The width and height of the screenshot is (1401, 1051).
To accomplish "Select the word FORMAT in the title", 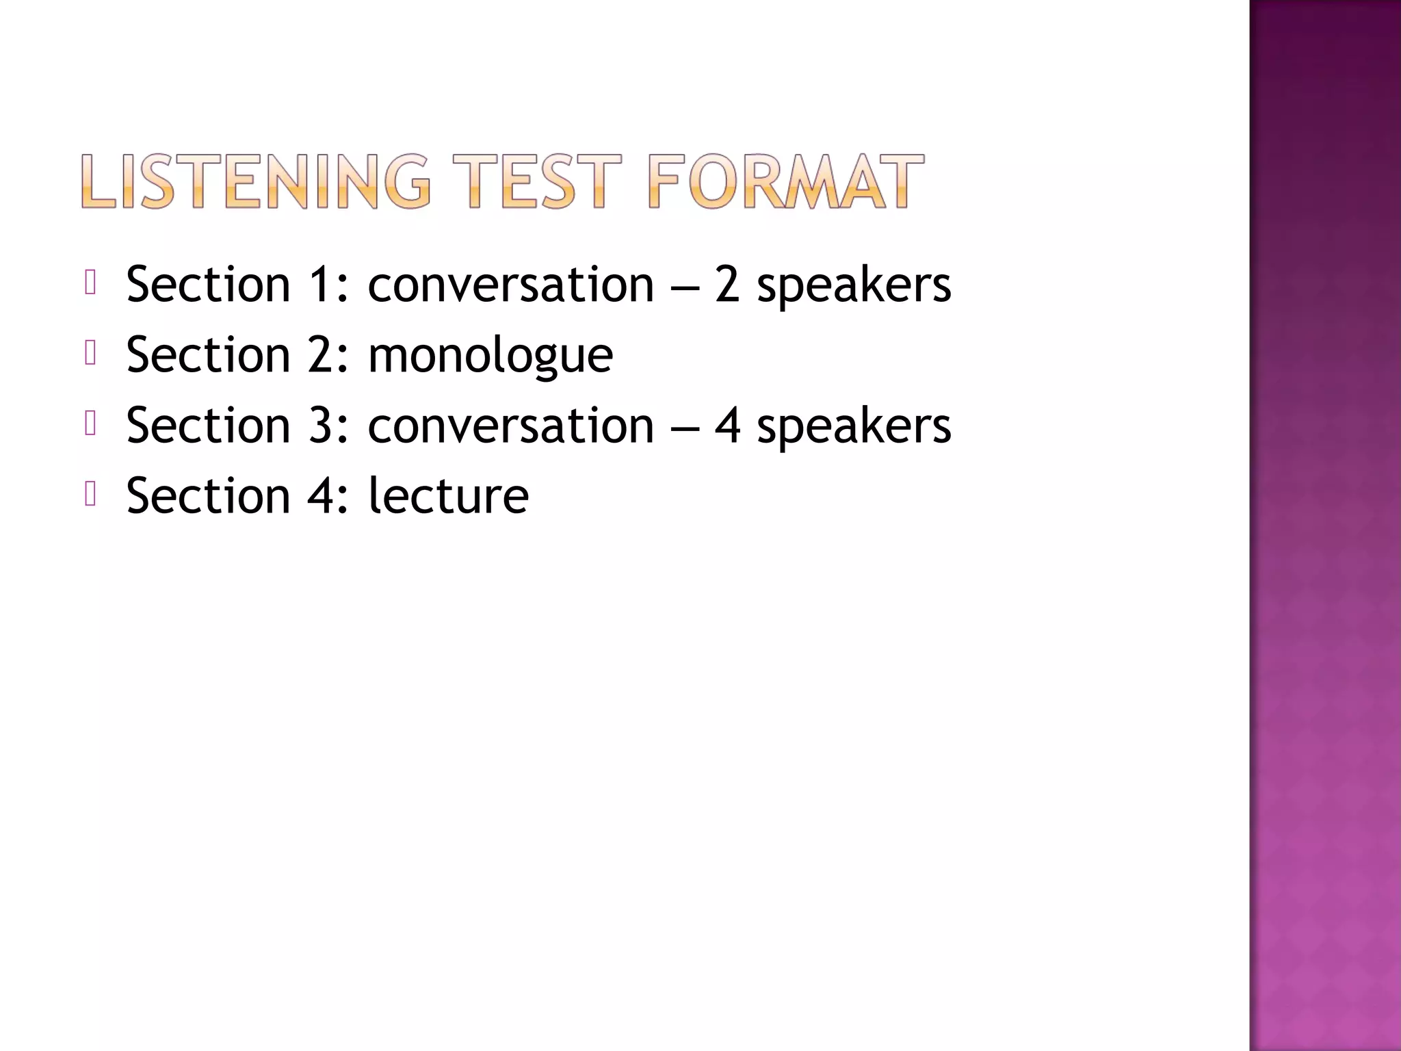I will tap(785, 181).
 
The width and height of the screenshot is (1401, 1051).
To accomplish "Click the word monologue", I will tap(490, 356).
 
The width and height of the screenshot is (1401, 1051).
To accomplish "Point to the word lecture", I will tap(448, 495).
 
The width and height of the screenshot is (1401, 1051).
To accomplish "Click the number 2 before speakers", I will tap(727, 285).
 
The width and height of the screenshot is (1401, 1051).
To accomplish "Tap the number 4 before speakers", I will tap(727, 426).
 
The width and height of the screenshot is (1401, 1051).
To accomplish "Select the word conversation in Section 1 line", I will tap(510, 285).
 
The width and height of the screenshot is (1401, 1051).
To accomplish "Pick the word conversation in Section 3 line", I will tap(510, 426).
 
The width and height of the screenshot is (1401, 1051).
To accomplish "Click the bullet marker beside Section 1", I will tap(90, 282).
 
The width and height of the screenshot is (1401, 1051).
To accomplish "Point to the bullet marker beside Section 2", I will tap(90, 353).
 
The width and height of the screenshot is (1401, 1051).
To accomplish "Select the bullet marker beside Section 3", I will tap(90, 424).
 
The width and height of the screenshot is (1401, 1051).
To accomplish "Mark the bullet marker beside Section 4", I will tap(90, 494).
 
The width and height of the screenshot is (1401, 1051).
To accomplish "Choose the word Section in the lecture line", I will tap(208, 495).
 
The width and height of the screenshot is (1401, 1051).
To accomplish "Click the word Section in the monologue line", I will tap(208, 356).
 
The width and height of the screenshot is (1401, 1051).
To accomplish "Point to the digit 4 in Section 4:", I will tap(320, 495).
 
